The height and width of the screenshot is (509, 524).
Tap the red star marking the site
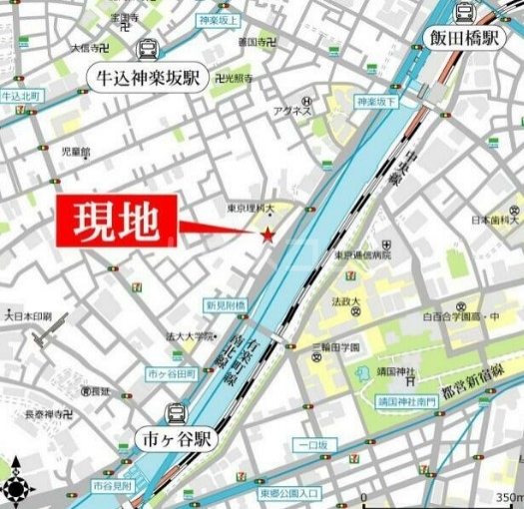point(267,235)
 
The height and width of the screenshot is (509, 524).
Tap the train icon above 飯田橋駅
point(463,12)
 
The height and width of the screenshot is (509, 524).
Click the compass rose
point(17,488)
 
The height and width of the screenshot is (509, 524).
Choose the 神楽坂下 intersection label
point(376,102)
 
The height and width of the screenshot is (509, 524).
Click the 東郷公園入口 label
point(288,493)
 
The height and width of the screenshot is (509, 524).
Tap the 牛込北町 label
point(20,96)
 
